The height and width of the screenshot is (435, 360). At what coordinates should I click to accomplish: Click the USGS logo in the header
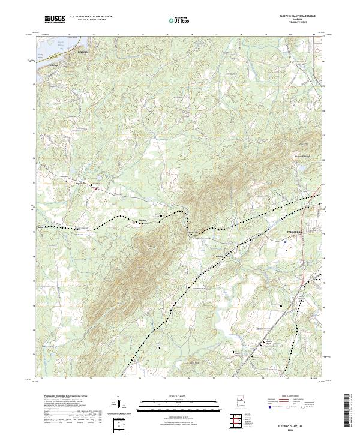click(55, 19)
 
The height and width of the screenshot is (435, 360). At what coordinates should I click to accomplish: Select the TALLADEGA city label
click(287, 230)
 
